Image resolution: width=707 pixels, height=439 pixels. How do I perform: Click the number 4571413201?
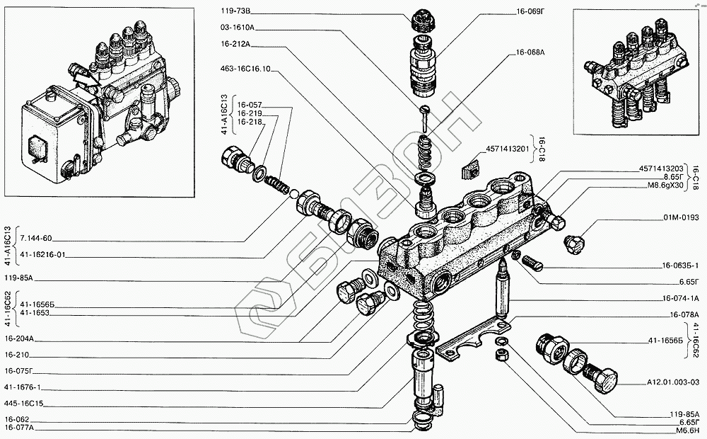507,150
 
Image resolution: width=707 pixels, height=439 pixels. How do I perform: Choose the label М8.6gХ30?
665,186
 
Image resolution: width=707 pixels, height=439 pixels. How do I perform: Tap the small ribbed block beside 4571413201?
468,171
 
